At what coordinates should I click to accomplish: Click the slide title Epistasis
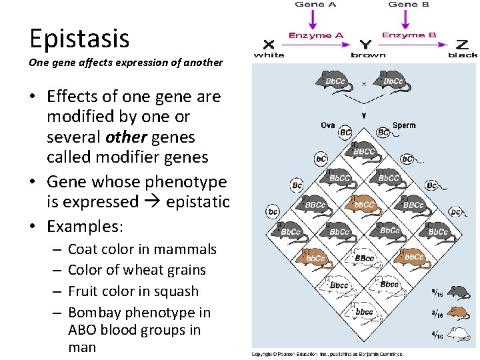click(x=79, y=39)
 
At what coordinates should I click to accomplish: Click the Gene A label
click(x=315, y=4)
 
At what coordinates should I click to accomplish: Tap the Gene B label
click(x=408, y=4)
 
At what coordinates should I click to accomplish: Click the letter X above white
click(x=269, y=45)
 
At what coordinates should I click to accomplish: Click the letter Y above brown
click(x=365, y=45)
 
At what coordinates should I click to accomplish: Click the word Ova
click(x=328, y=125)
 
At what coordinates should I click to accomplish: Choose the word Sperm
click(x=404, y=125)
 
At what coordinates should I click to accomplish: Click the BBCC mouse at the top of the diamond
click(x=364, y=151)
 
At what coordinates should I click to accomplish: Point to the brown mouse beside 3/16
click(x=459, y=311)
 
